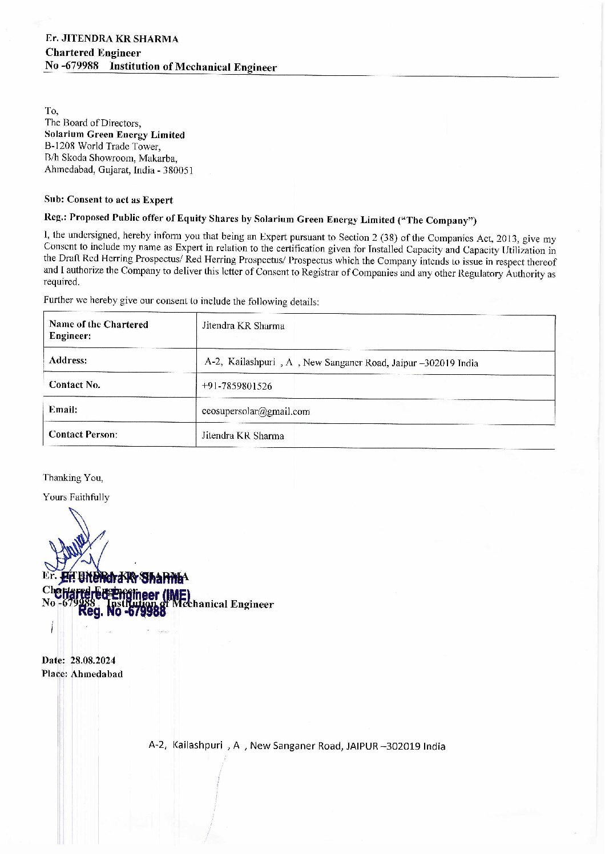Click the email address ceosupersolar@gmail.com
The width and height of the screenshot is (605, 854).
(x=256, y=411)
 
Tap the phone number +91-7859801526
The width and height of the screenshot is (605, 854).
(x=237, y=386)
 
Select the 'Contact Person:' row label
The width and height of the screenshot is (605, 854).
(x=83, y=434)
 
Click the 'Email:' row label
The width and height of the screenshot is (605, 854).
(x=63, y=409)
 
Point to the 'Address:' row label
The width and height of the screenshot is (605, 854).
(x=68, y=360)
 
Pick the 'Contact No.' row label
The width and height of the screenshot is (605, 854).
(x=75, y=384)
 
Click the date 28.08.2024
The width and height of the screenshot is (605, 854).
(x=93, y=660)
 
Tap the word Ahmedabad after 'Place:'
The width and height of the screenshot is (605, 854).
(x=96, y=674)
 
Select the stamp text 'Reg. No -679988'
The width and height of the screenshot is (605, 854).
(x=122, y=612)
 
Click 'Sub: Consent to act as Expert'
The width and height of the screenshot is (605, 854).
(x=108, y=200)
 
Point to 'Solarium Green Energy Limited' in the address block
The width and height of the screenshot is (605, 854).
(x=115, y=135)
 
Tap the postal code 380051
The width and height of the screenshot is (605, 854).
(x=180, y=170)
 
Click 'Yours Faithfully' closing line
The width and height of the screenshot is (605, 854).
(x=76, y=497)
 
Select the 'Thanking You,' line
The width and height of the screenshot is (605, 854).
(x=73, y=477)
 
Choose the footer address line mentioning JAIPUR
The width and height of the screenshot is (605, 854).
(x=297, y=746)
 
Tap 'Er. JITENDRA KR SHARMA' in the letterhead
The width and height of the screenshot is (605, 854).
(x=112, y=39)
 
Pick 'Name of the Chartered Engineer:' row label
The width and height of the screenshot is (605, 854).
(x=98, y=330)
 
